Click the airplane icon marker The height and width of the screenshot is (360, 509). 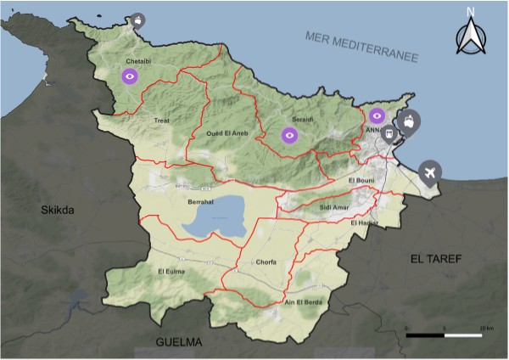(431, 173)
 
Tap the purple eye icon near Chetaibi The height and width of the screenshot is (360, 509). (130, 77)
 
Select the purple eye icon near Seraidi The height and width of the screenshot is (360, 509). (290, 134)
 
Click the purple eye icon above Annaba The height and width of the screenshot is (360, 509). (378, 115)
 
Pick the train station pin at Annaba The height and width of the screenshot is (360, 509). (389, 133)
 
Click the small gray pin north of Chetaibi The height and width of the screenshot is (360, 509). (137, 18)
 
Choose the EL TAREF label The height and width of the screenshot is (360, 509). (433, 258)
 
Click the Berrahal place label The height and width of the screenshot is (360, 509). (202, 204)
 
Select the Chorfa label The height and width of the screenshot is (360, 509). (266, 263)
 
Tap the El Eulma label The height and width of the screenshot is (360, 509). (171, 271)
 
